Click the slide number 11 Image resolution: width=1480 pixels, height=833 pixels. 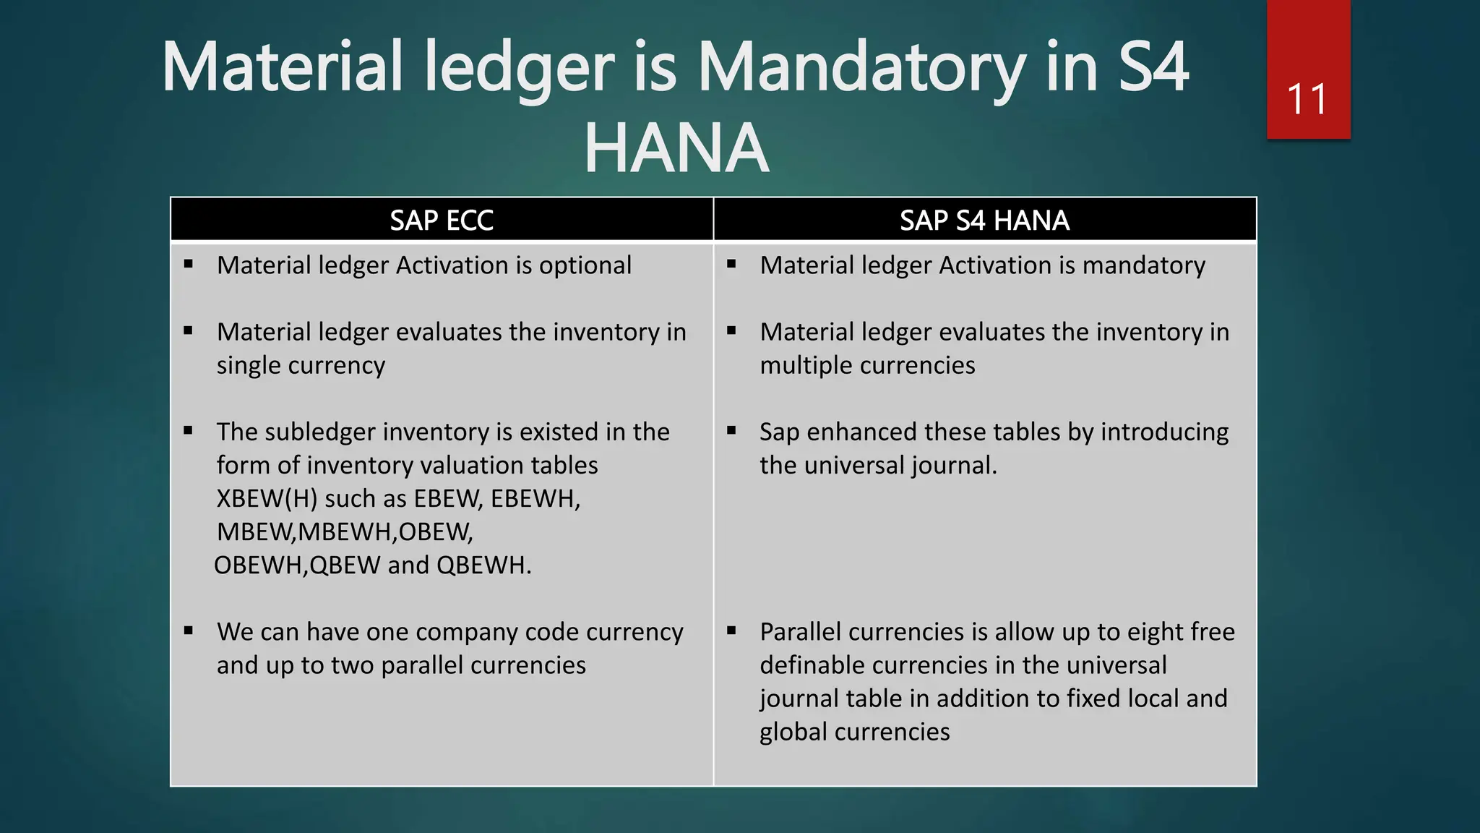pos(1307,99)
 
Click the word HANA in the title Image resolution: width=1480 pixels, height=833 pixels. pos(676,148)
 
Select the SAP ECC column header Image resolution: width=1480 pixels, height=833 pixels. pos(442,220)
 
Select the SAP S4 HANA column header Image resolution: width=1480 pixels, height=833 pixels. pos(984,220)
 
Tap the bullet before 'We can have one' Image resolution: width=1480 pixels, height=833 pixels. pos(189,631)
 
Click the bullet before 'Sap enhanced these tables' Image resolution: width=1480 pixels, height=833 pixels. pos(731,431)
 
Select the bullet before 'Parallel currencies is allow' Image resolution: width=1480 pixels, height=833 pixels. pos(731,631)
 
